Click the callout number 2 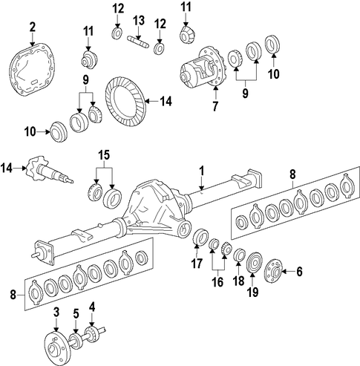tap(33, 27)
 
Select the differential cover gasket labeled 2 tap(31, 70)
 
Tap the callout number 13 tap(139, 21)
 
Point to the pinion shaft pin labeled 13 tap(138, 42)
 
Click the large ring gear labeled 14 tap(125, 101)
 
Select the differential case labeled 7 tap(201, 68)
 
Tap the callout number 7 tap(215, 106)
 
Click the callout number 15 tap(104, 154)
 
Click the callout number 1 tap(202, 171)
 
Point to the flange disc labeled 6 tap(273, 271)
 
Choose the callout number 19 tap(253, 292)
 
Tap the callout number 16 tap(217, 282)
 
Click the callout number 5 tap(76, 314)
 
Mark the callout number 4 tap(92, 307)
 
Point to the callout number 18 tap(239, 281)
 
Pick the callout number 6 tap(299, 272)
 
